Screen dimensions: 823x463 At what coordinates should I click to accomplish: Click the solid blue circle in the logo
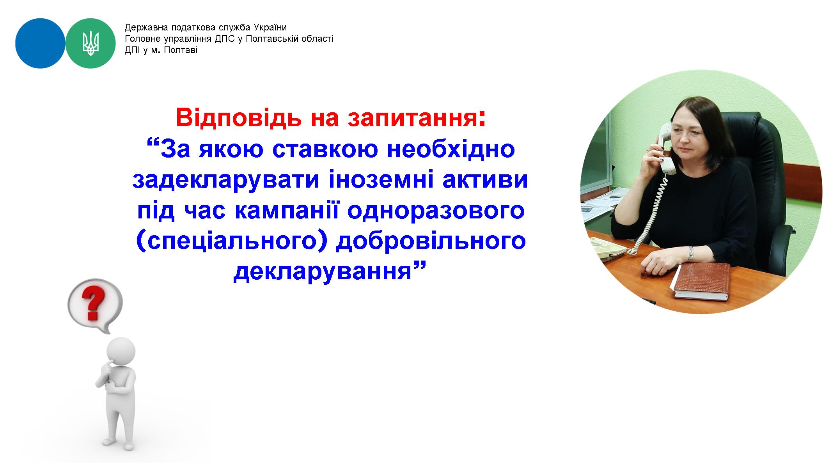point(40,43)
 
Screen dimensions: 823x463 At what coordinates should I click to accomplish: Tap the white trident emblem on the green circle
point(91,43)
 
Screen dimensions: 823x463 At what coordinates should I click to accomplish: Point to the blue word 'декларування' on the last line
point(323,273)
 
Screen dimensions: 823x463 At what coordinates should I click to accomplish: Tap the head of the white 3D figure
point(121,352)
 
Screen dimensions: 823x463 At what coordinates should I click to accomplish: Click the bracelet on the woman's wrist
point(691,254)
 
